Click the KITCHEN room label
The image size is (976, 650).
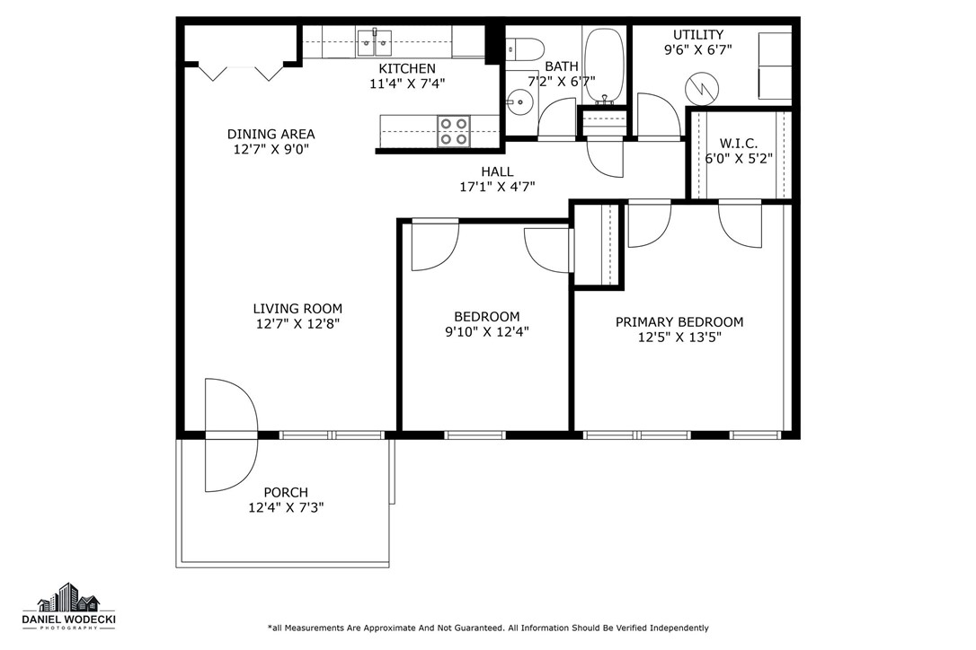(406, 68)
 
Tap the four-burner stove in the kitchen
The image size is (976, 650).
(453, 131)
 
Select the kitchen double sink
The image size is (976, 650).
(375, 40)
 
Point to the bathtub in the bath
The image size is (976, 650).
(604, 64)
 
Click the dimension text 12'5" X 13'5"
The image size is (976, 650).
(679, 338)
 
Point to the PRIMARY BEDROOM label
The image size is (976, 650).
(679, 321)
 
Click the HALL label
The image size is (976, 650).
(497, 171)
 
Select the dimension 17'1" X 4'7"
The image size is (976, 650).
(497, 187)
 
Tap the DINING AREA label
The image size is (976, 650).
(271, 134)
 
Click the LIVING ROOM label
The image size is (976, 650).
(297, 308)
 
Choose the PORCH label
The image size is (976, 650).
(286, 492)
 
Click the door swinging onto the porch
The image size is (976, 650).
(230, 435)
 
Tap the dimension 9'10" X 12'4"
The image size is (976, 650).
(486, 332)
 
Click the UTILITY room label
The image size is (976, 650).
(698, 34)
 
